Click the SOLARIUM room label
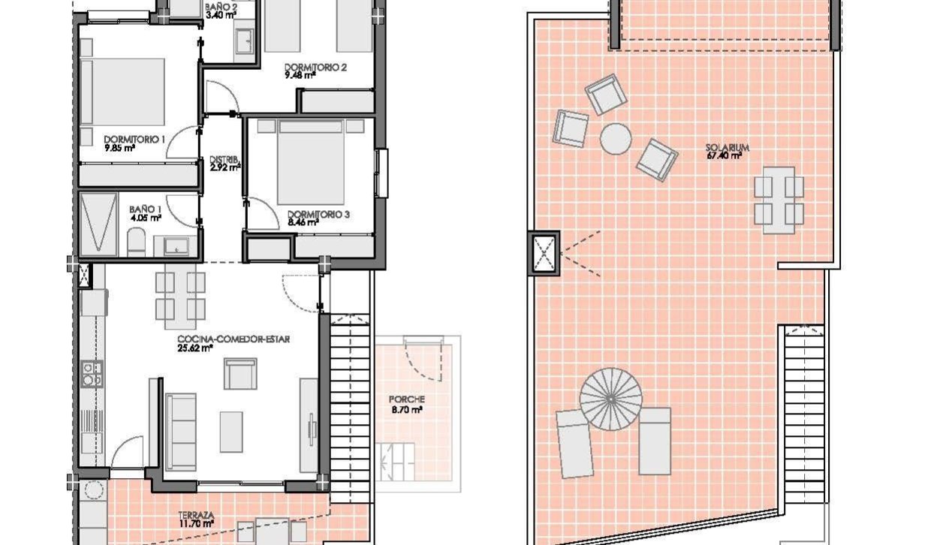tap(728, 148)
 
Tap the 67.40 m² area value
tap(724, 156)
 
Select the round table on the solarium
tap(616, 140)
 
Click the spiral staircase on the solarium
tap(610, 399)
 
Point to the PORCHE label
tap(406, 399)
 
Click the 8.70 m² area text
tap(407, 410)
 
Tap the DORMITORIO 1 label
tap(134, 140)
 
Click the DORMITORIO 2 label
tap(315, 68)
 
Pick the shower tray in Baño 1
tap(98, 224)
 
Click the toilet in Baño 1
tap(136, 242)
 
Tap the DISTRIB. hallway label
tap(224, 159)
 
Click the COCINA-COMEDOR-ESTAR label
tap(234, 339)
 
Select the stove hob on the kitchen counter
tap(92, 374)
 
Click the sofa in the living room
tap(181, 432)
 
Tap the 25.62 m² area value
tap(195, 348)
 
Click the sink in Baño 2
tap(245, 41)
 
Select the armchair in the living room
tap(240, 374)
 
